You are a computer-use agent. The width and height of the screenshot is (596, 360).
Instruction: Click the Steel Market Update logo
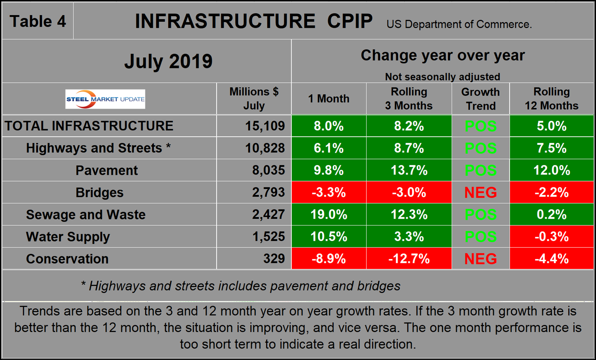coord(105,99)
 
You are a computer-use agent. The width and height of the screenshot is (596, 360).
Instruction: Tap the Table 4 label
coord(38,21)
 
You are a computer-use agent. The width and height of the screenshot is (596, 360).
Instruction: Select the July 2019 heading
coord(168,61)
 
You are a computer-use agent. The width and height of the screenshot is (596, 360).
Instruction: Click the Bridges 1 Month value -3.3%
coord(328,192)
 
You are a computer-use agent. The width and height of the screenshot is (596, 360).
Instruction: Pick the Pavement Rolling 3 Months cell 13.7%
coord(409,170)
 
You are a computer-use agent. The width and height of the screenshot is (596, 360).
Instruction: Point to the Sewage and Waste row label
coord(86,215)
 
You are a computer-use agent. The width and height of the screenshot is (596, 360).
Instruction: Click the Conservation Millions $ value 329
coord(274,259)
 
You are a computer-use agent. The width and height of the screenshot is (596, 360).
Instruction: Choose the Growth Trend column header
coord(480,99)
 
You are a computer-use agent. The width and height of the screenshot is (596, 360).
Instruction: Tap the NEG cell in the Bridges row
coord(480,192)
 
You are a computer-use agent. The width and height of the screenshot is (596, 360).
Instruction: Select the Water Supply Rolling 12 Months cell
coord(551,236)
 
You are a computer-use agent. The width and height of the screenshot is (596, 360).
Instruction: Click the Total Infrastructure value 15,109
coord(265,126)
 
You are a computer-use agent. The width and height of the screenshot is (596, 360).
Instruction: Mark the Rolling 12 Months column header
coord(551,99)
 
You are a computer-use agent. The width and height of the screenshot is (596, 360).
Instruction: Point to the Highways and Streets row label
coord(98,148)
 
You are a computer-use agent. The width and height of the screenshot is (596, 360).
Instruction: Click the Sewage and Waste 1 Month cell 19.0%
coord(328,214)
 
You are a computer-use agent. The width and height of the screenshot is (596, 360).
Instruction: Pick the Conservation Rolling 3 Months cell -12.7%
coord(409,259)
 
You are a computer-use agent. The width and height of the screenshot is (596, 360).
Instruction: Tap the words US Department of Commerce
coord(459,24)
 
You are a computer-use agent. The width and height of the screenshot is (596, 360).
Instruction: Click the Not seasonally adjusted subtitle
coord(442,77)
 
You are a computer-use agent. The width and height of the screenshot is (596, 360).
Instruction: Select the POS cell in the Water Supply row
coord(480,236)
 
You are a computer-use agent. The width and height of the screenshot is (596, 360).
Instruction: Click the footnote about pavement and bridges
coord(241,286)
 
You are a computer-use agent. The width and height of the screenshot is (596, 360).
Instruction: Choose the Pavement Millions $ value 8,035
coord(268,170)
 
